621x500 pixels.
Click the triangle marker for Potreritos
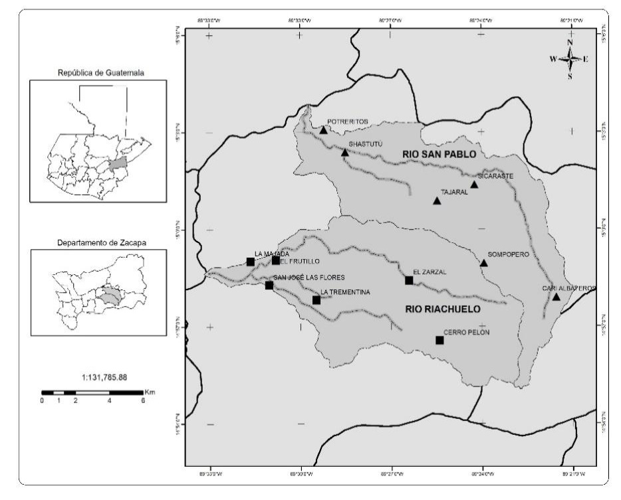coord(323,130)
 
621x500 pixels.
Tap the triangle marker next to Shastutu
coord(345,153)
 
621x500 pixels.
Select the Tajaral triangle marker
coord(437,201)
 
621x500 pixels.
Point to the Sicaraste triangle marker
coord(474,185)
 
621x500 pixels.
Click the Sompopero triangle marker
coord(483,264)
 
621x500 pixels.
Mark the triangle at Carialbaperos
coord(556,297)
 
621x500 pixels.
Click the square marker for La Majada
coord(251,262)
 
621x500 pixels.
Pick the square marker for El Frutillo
coord(276,260)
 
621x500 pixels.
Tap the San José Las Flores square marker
coord(269,286)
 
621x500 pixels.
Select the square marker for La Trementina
coord(316,300)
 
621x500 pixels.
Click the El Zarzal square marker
coord(409,280)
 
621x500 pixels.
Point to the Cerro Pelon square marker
coord(439,341)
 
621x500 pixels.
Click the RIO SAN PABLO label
coord(439,154)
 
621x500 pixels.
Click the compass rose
coord(570,58)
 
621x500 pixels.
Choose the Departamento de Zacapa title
coord(98,242)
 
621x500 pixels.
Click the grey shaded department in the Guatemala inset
coord(118,163)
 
